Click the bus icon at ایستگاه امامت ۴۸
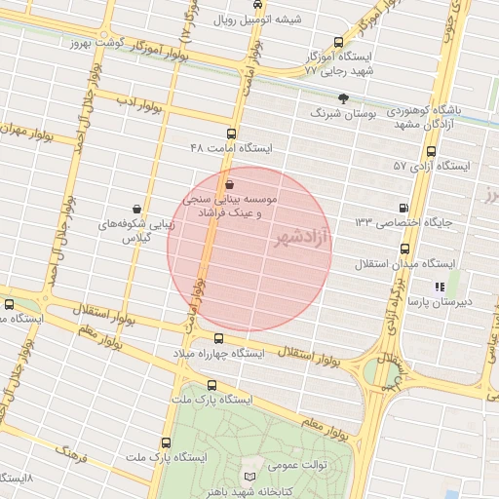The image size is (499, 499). [231, 134]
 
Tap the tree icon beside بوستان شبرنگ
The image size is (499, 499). [343, 98]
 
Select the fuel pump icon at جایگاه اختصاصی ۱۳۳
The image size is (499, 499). [404, 208]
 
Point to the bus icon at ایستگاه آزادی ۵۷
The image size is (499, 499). [431, 151]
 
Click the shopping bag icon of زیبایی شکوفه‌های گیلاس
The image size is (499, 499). [135, 208]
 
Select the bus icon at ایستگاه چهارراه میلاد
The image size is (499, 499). [218, 338]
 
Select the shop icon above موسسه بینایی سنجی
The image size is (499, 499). [229, 182]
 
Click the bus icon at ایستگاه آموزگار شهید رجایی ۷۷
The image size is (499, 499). [338, 42]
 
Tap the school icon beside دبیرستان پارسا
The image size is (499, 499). [440, 287]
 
